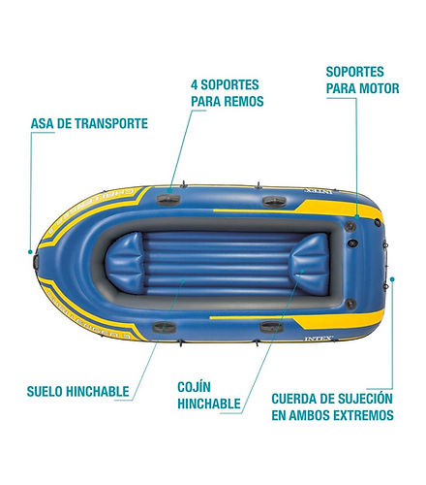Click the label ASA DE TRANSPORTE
[x=89, y=123]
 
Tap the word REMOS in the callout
[x=244, y=101]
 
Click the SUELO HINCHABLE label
[x=77, y=391]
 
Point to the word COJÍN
[x=194, y=386]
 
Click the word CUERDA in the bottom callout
[x=294, y=399]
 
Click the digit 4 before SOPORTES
[x=194, y=85]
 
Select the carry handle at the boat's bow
[x=36, y=262]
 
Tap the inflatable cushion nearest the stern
[x=310, y=264]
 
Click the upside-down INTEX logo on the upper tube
[x=319, y=191]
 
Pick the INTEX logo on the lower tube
[x=319, y=339]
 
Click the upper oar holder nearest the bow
[x=168, y=199]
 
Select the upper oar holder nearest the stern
[x=274, y=202]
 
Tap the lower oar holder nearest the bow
[x=165, y=327]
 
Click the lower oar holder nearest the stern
[x=271, y=327]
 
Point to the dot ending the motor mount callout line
[x=357, y=216]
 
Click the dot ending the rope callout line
[x=392, y=279]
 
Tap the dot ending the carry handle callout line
[x=30, y=251]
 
